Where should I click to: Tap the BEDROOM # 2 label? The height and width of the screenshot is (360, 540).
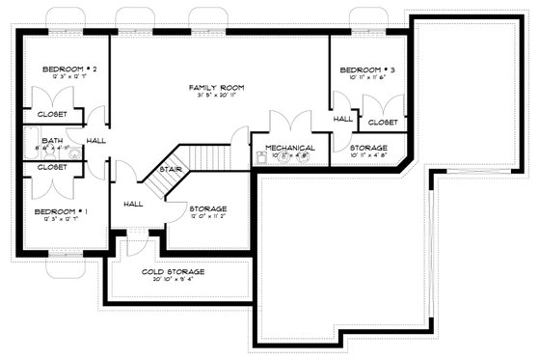62,69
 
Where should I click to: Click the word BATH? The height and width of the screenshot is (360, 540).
51,141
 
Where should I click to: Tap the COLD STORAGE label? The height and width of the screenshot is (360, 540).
174,272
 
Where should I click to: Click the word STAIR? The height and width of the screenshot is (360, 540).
171,168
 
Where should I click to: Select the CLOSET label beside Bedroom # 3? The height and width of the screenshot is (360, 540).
382,123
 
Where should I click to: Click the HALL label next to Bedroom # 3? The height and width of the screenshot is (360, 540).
343,119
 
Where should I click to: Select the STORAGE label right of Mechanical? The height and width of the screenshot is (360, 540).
368,148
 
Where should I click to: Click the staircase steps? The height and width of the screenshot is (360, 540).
206,154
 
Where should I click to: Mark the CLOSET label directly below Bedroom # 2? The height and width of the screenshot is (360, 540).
52,115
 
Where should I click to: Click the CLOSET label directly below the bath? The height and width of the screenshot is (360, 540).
52,166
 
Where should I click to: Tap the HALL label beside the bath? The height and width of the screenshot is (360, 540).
96,141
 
